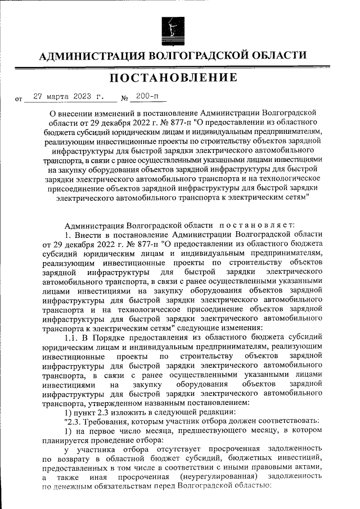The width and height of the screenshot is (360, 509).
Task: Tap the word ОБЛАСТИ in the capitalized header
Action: pyautogui.click(x=278, y=56)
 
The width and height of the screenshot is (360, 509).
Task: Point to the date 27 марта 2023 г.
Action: pyautogui.click(x=69, y=97)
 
